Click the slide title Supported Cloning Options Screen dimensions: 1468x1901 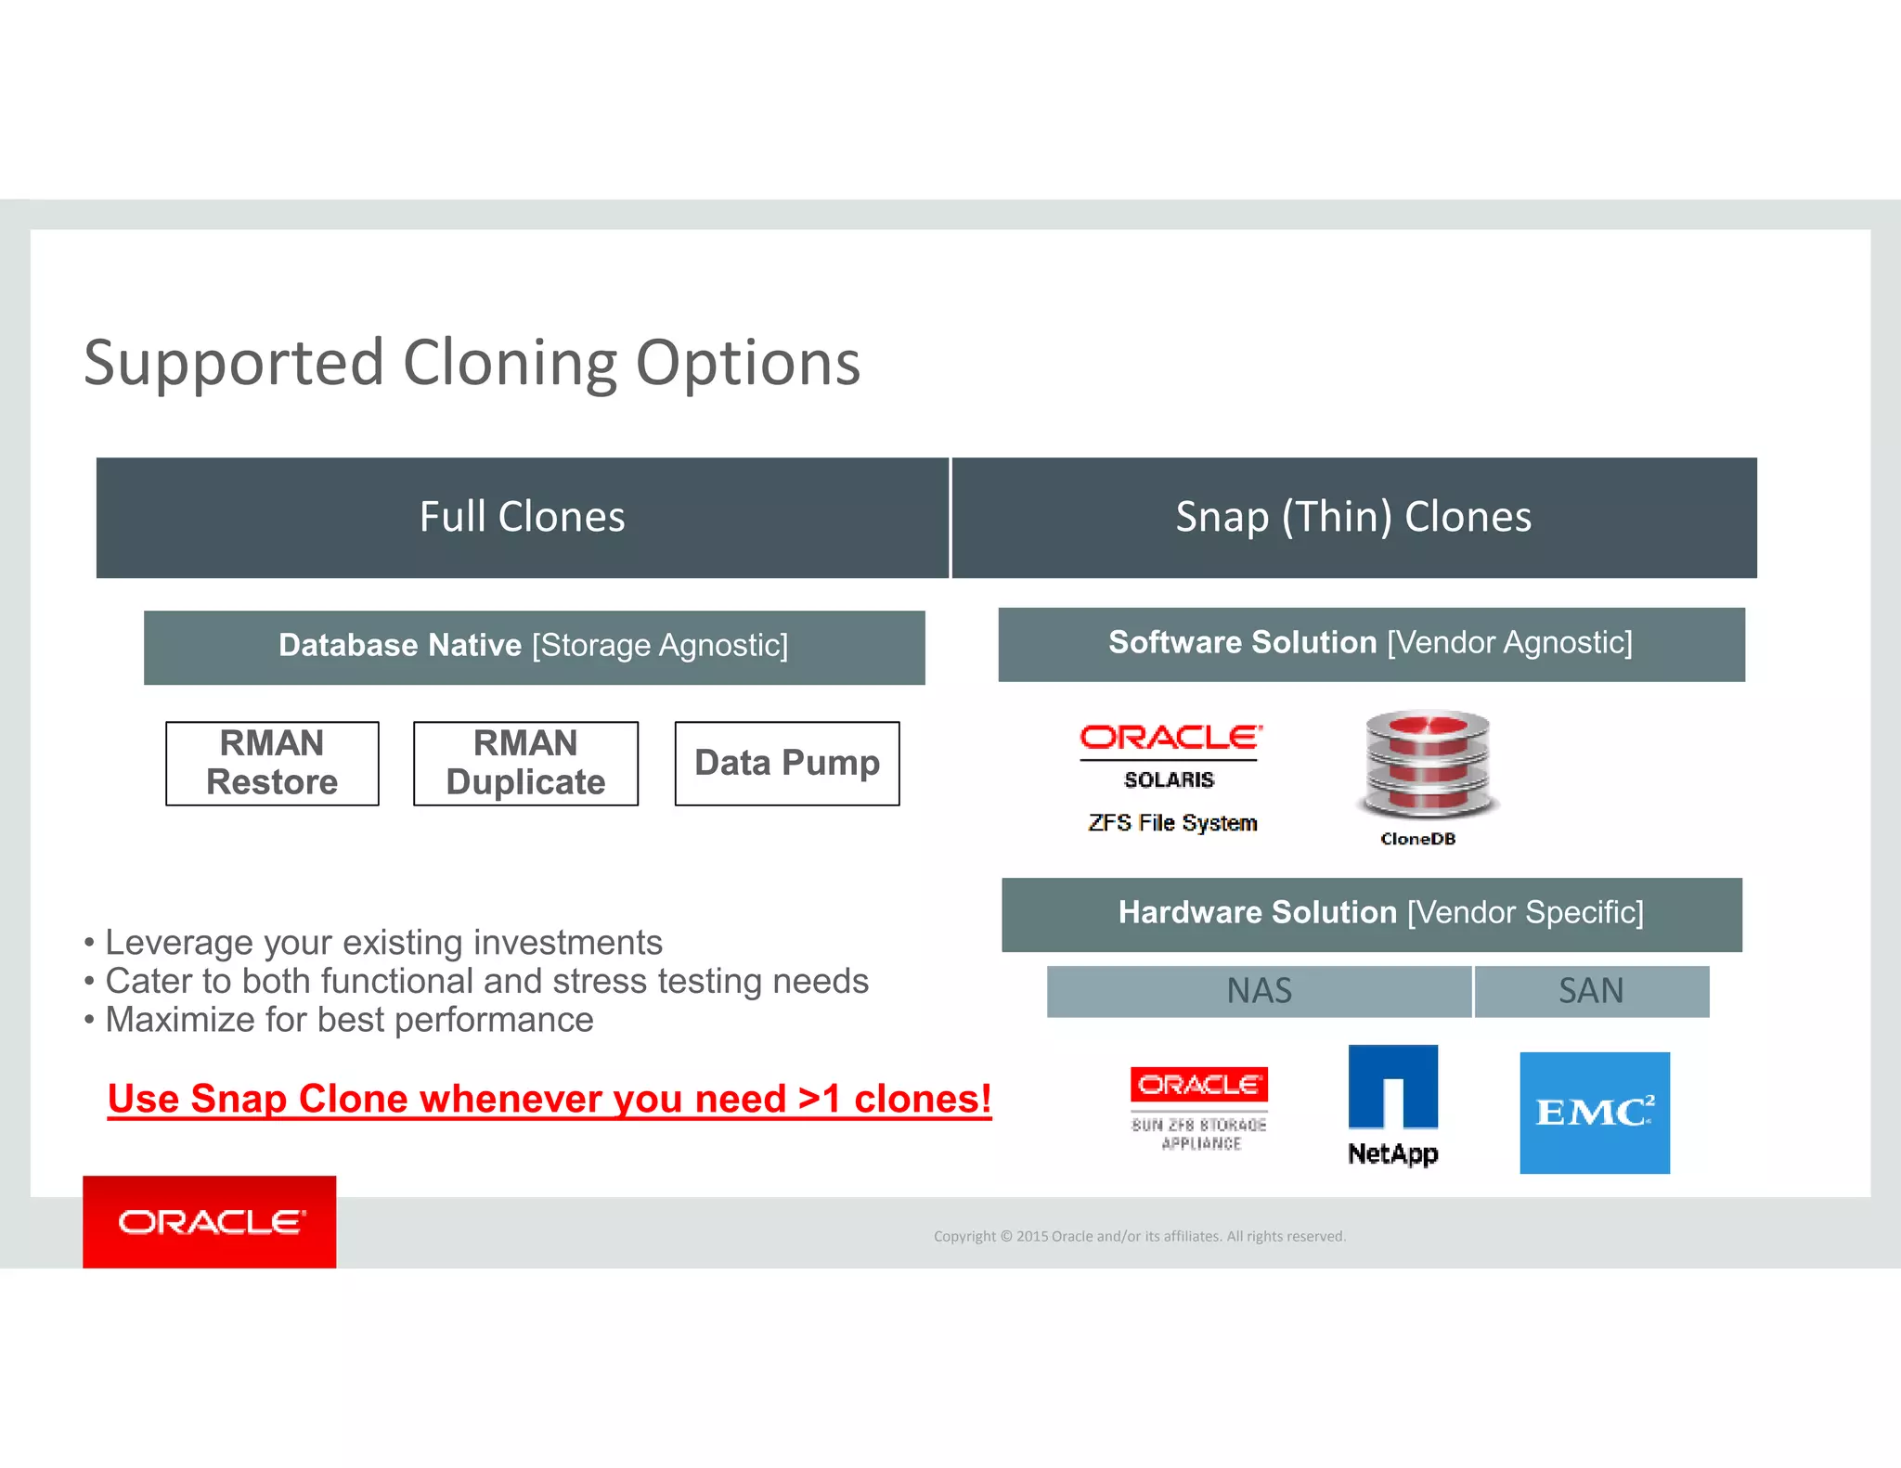(472, 363)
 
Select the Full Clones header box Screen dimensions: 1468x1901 (522, 518)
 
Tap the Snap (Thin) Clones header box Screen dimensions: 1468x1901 (1353, 518)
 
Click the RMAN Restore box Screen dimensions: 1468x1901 (272, 763)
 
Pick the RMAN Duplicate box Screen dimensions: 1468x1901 (525, 763)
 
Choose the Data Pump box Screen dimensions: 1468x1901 (786, 763)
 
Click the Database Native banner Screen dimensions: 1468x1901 (534, 647)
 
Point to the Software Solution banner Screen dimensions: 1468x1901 (1371, 644)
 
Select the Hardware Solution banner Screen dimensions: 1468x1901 (1371, 914)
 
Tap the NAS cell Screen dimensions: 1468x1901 (1259, 991)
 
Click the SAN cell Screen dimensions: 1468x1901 (1591, 991)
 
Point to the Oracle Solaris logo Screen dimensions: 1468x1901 (1170, 753)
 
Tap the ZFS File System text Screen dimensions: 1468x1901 (1172, 823)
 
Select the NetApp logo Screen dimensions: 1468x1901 (1392, 1104)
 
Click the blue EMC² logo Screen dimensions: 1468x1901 (1594, 1113)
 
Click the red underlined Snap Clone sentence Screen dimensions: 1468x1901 (550, 1100)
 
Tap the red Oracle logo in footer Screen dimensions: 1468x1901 (210, 1222)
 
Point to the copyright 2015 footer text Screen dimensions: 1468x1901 (1139, 1236)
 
